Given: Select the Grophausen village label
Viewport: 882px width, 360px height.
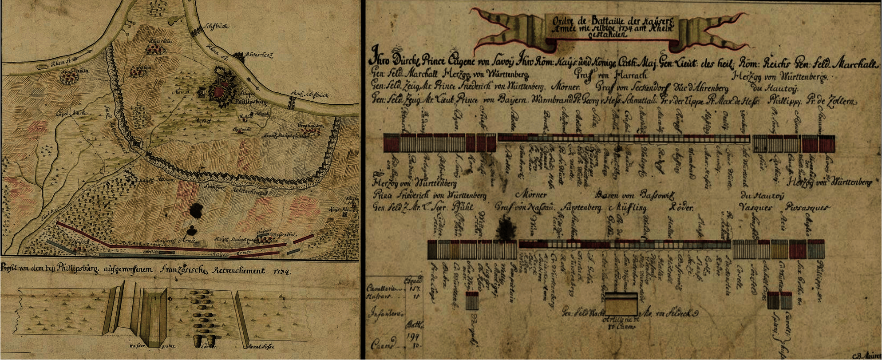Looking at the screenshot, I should point(311,125).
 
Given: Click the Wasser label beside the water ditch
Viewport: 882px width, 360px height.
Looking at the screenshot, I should point(135,346).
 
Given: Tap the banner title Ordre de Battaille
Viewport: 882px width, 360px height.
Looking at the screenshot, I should point(590,21).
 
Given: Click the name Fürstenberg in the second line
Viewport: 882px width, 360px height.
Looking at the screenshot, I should point(581,208).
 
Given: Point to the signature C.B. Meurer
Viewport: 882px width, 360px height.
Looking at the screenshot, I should point(866,356).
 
